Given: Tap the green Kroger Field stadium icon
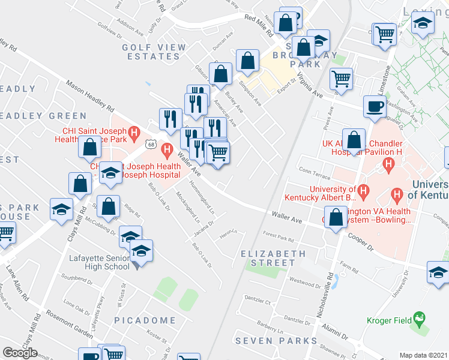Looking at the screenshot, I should (x=420, y=316).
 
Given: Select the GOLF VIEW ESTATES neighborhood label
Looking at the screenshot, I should (x=151, y=52).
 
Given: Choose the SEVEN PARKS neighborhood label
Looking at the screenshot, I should (x=276, y=341).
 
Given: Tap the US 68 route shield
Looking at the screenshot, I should (x=149, y=145).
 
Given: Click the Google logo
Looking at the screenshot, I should (x=20, y=352).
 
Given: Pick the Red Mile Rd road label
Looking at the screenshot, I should (x=259, y=18).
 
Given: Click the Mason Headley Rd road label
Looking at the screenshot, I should (x=90, y=97).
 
